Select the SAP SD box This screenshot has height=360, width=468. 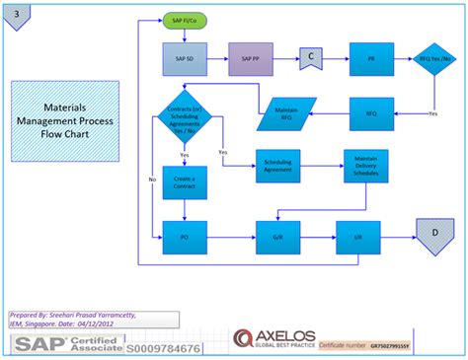click(185, 59)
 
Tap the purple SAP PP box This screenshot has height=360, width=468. click(251, 59)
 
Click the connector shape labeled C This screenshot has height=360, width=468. click(311, 57)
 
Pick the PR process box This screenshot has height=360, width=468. click(371, 59)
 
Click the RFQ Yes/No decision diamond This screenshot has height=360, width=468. click(434, 59)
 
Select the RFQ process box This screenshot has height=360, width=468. click(371, 113)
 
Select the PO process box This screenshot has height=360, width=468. click(185, 237)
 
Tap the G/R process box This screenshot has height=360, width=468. click(277, 237)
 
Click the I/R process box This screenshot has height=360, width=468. click(357, 237)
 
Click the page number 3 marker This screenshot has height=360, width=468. click(17, 14)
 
